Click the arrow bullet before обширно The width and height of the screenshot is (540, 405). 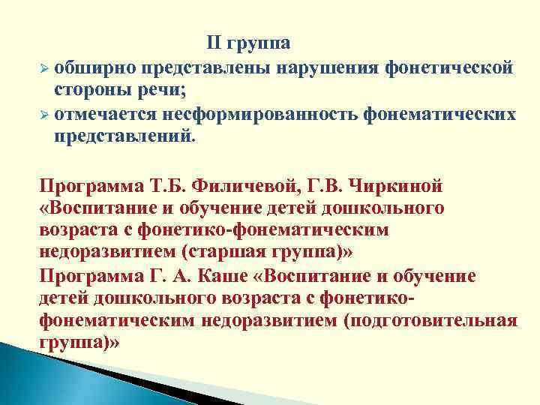[44, 68]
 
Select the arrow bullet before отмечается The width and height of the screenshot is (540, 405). [44, 116]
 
